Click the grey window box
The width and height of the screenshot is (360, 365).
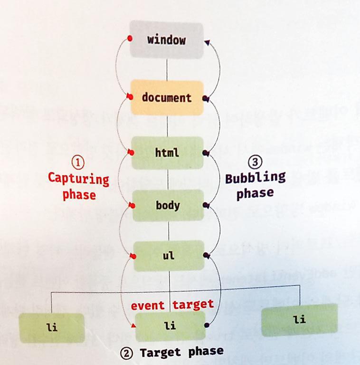pos(166,39)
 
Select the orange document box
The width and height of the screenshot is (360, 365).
pos(167,98)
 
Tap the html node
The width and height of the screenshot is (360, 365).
pos(167,153)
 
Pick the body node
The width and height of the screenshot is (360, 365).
pos(168,205)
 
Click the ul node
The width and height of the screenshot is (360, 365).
pos(169,255)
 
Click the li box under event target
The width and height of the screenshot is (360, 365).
pos(170,327)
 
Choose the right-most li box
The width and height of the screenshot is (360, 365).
pos(299,319)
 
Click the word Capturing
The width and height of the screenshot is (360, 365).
pos(78,179)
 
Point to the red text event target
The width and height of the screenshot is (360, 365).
pos(172,305)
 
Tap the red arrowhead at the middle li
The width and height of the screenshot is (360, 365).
pos(134,326)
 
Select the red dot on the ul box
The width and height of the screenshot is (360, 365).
pos(134,257)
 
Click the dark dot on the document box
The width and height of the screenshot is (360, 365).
pos(205,99)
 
